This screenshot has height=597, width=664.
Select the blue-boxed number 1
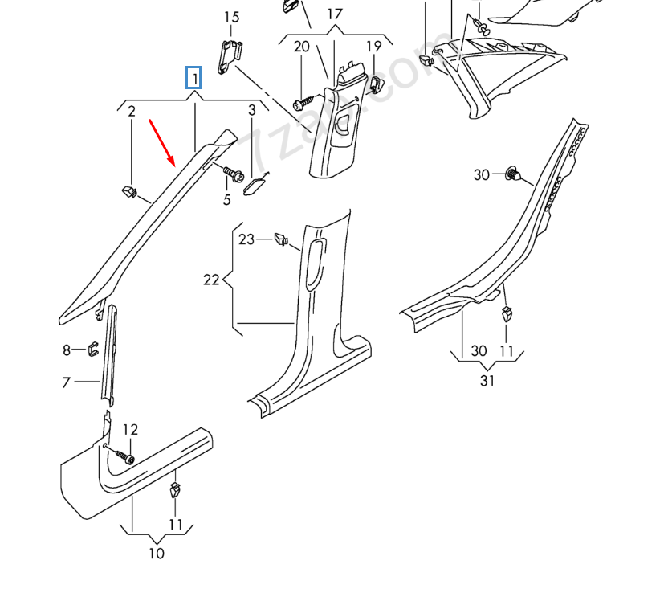click(x=193, y=78)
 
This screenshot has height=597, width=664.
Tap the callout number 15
click(x=231, y=17)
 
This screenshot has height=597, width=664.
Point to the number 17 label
click(x=335, y=14)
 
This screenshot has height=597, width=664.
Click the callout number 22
click(x=211, y=280)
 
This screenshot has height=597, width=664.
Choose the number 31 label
click(x=487, y=380)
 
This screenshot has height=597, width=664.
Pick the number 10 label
click(x=157, y=553)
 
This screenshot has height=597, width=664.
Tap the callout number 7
click(x=67, y=382)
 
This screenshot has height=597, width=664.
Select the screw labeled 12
click(x=125, y=456)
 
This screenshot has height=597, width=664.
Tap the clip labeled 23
click(x=281, y=239)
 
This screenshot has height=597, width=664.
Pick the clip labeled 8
click(x=92, y=350)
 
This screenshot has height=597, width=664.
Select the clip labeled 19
click(x=375, y=82)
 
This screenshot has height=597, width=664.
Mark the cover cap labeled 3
click(x=256, y=186)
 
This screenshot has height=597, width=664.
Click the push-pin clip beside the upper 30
click(x=514, y=173)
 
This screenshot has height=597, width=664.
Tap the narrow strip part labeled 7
click(x=108, y=354)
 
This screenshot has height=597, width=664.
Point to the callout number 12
click(x=130, y=430)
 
